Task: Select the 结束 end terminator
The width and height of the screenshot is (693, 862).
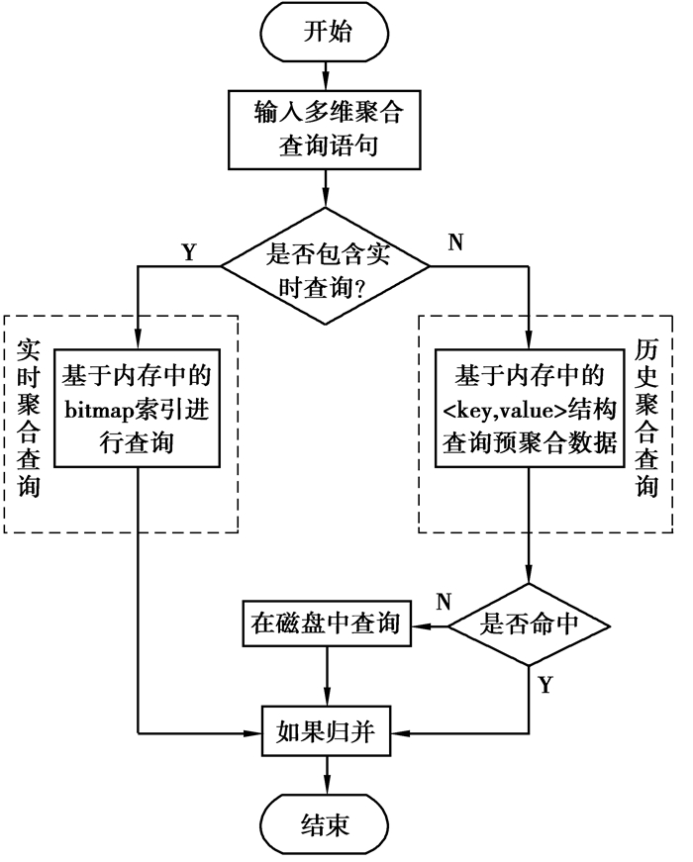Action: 326,824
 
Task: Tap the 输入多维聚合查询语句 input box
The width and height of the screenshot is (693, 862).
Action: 326,130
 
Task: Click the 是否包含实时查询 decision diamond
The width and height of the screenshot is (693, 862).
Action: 326,266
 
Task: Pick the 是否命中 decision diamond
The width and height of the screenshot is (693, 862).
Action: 529,625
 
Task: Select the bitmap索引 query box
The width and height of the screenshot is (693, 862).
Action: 137,407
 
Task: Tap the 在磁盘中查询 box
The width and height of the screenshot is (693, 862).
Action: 327,624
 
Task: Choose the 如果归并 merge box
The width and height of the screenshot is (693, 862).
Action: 326,732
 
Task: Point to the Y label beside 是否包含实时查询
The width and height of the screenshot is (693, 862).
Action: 189,251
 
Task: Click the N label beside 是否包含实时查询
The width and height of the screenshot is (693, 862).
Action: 457,242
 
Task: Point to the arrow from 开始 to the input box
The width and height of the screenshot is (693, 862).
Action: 326,74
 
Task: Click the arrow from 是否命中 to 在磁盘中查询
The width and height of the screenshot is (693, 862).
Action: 433,625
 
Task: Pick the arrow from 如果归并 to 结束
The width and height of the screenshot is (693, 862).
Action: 326,776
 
